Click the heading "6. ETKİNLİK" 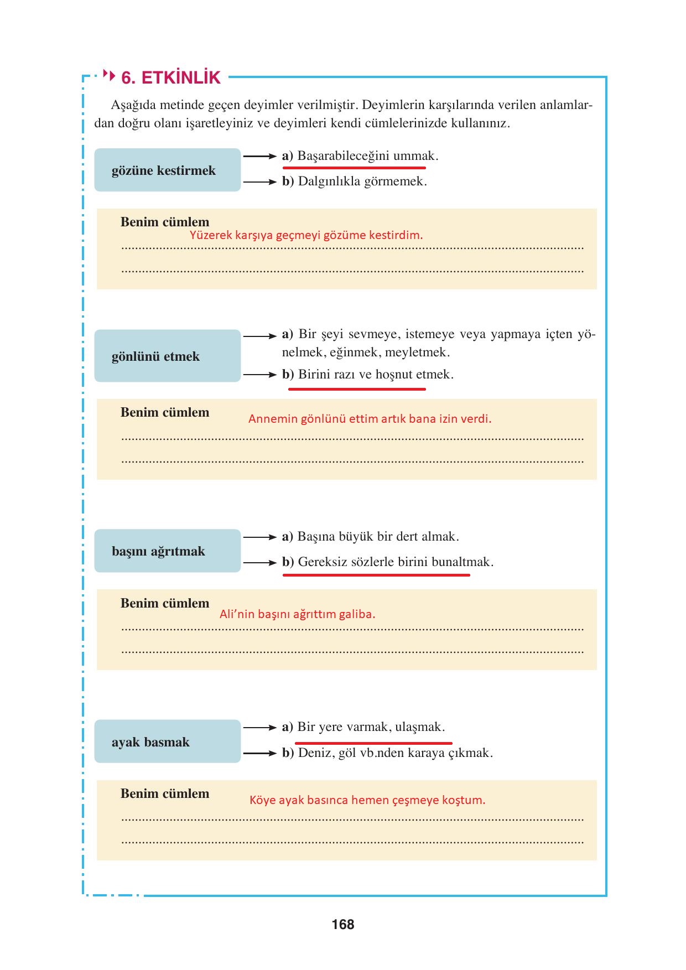click(x=170, y=77)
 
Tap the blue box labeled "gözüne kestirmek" click(x=167, y=170)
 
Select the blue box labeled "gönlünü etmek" click(x=167, y=356)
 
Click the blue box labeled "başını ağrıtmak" click(x=167, y=551)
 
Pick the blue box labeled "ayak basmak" click(x=167, y=742)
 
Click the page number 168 click(x=343, y=924)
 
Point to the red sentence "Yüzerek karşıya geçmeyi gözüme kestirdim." click(x=306, y=235)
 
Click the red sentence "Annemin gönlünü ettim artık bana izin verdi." click(x=370, y=419)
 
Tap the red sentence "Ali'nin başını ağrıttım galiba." click(x=297, y=614)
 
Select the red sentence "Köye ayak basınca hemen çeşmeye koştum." click(x=367, y=800)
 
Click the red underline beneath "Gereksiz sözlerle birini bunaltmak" click(x=376, y=575)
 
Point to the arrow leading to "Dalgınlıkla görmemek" click(x=259, y=181)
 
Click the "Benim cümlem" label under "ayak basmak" click(x=165, y=793)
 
